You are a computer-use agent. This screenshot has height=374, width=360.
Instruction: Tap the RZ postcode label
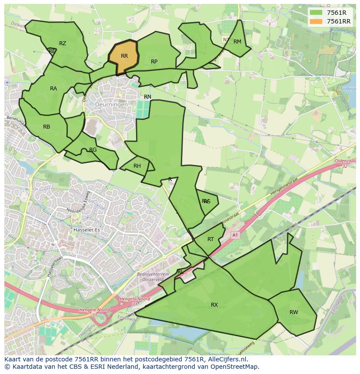tap(63, 43)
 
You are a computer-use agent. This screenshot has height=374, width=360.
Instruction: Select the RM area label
tap(237, 42)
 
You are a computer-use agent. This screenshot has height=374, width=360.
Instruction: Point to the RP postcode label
tap(154, 62)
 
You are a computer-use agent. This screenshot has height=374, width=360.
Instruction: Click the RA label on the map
tap(53, 89)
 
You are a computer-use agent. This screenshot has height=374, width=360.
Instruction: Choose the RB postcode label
tap(47, 127)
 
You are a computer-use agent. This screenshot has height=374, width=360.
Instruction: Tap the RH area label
tap(137, 166)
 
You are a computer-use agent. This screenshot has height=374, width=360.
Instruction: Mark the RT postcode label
tap(210, 239)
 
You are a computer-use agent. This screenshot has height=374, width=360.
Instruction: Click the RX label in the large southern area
tap(214, 305)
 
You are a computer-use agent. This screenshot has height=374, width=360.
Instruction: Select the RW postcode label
tap(294, 312)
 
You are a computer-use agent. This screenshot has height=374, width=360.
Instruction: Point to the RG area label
tap(93, 150)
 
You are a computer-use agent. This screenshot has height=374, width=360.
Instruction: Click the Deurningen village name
tap(112, 105)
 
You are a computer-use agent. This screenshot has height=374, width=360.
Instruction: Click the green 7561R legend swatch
tap(316, 13)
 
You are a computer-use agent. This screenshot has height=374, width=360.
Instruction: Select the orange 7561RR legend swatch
tap(316, 21)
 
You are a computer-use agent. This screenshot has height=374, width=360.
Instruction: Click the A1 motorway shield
tap(235, 235)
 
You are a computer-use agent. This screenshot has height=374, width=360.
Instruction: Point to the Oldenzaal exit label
tap(345, 161)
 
